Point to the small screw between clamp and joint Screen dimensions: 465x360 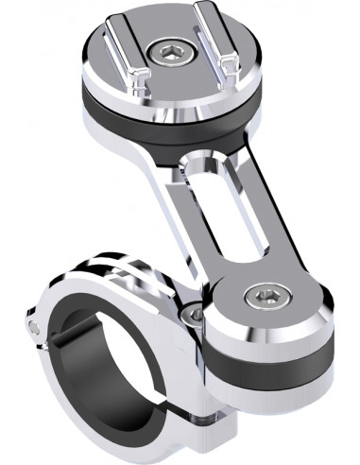195,313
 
